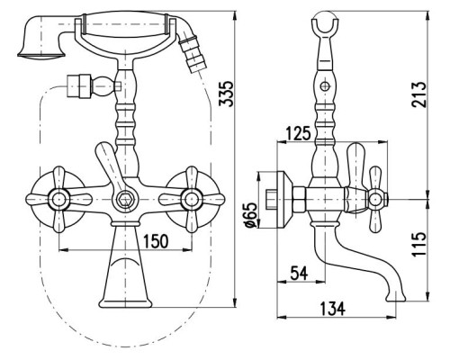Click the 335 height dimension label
tap(226, 94)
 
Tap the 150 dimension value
tap(156, 241)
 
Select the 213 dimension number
tap(418, 94)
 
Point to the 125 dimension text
tap(298, 133)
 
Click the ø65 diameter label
tap(251, 214)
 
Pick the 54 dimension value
tap(300, 274)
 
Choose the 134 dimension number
tap(333, 309)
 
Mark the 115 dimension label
tap(418, 244)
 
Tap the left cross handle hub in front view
tap(58, 199)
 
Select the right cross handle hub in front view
tap(192, 199)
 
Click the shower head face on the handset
tap(40, 55)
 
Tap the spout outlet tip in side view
tap(395, 298)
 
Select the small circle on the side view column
tap(325, 86)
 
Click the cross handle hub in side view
tap(376, 200)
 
